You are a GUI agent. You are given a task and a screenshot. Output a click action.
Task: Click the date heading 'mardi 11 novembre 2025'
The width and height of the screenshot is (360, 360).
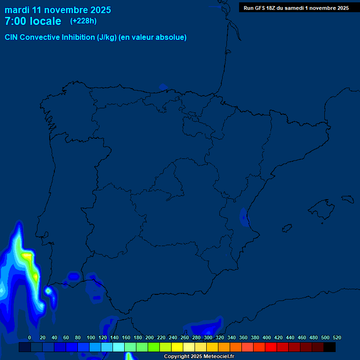(58, 10)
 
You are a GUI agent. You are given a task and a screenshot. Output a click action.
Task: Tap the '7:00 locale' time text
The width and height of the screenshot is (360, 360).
(33, 21)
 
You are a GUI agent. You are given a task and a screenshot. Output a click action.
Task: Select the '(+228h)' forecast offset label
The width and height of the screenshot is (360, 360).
(83, 21)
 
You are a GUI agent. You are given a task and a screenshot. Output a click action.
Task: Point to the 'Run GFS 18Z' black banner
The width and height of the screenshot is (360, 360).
(296, 7)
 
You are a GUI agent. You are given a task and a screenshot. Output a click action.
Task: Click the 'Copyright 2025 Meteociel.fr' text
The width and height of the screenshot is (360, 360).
(199, 357)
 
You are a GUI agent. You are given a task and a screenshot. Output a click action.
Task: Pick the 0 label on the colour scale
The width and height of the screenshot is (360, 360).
(30, 337)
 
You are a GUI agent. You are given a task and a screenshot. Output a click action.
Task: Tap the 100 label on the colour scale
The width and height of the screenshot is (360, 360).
(91, 337)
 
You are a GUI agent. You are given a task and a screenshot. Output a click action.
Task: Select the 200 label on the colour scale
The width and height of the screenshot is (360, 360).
(150, 337)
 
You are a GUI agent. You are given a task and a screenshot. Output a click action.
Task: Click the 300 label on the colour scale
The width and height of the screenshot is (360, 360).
(208, 337)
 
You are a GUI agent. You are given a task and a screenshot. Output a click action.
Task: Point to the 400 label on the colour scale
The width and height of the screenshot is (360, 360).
(267, 337)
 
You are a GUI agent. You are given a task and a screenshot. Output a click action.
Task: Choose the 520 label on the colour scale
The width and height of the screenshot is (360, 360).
(337, 337)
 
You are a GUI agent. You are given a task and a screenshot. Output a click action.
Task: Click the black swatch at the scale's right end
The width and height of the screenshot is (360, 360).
(330, 347)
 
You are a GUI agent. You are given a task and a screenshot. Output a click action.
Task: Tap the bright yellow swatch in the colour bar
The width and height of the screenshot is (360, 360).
(177, 347)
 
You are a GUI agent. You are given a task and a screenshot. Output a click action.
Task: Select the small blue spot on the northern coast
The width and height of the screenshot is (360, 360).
(163, 87)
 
